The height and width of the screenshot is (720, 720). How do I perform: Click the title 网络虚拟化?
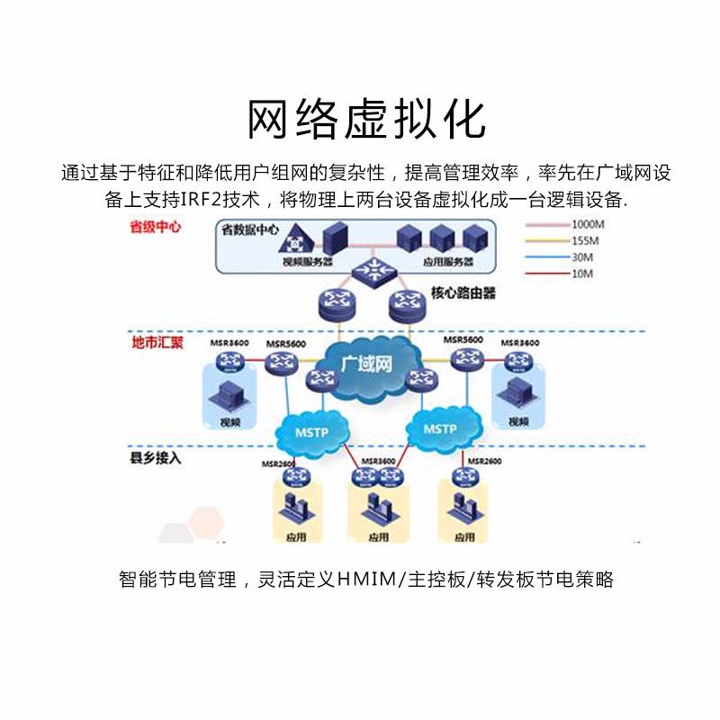366,119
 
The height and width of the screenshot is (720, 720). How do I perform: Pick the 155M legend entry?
582,240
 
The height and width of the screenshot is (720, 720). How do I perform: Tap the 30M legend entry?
581,256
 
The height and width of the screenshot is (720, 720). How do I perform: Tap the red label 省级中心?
156,227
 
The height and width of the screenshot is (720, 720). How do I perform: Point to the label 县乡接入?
156,457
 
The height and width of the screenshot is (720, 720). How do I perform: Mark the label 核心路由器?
463,293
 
